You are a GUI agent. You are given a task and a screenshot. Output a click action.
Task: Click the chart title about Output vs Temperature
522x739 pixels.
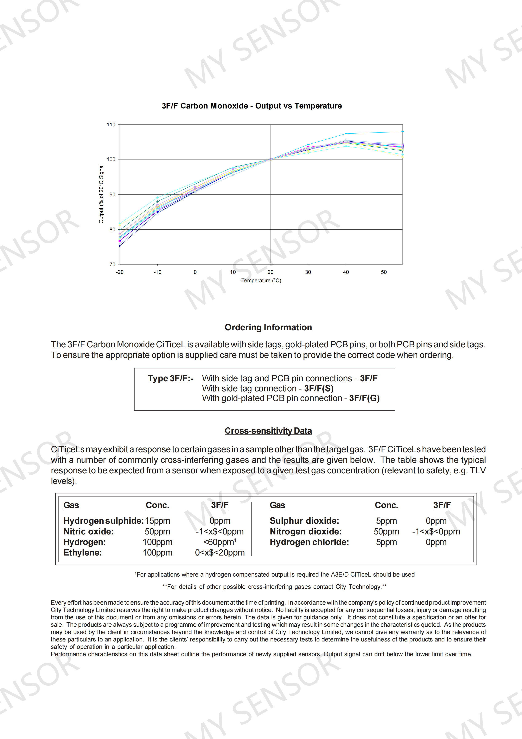251,106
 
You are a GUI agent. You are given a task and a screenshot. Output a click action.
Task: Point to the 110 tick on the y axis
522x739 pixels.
111,125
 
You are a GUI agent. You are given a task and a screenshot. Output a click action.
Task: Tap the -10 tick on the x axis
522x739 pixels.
157,272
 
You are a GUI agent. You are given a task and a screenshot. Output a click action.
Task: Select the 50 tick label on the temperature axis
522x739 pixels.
384,272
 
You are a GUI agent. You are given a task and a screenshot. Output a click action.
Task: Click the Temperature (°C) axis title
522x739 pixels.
261,281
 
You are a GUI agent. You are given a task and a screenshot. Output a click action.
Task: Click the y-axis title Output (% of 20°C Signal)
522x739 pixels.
101,193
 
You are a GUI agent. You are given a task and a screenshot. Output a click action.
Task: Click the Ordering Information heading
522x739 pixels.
268,327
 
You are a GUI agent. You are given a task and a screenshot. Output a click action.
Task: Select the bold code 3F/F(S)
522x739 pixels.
319,388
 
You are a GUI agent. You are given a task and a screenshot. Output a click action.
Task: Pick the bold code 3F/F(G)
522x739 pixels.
364,399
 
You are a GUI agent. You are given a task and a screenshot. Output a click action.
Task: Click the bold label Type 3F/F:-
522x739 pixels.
171,379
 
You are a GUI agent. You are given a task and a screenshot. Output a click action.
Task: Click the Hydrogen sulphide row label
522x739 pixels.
103,521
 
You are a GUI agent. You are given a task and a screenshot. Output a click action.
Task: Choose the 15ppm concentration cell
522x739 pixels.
157,521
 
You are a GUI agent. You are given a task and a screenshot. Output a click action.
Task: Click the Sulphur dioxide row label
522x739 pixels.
304,521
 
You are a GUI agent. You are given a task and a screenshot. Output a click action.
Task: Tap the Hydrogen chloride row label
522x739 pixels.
309,542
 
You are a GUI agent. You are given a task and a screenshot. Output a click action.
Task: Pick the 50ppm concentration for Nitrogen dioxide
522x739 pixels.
386,531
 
